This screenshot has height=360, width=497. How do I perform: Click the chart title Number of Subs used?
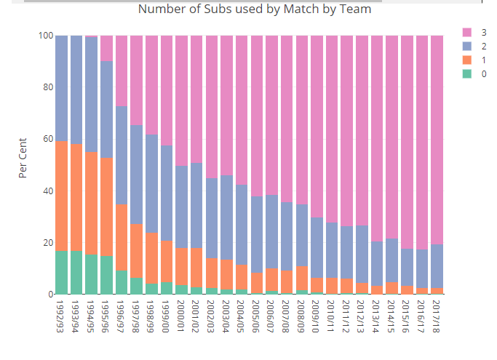pyautogui.click(x=254, y=9)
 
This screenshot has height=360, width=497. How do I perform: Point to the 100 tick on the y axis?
pyautogui.click(x=45, y=36)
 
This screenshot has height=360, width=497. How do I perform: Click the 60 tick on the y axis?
pyautogui.click(x=47, y=139)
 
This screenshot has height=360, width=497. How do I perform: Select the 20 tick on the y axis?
pyautogui.click(x=47, y=243)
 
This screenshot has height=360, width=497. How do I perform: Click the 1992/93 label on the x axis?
pyautogui.click(x=62, y=316)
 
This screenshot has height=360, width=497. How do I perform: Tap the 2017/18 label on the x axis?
pyautogui.click(x=437, y=316)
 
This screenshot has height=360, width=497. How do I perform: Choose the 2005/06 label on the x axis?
pyautogui.click(x=257, y=316)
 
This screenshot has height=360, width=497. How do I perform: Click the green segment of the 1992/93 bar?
pyautogui.click(x=62, y=273)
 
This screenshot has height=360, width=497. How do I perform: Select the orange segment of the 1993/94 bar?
pyautogui.click(x=76, y=197)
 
